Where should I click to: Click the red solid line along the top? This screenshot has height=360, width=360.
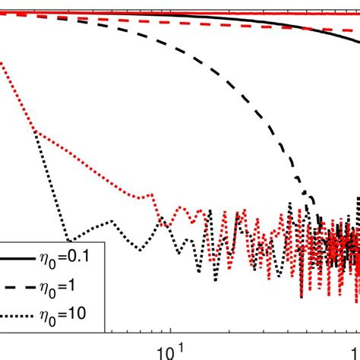pyautogui.click(x=190, y=12)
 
